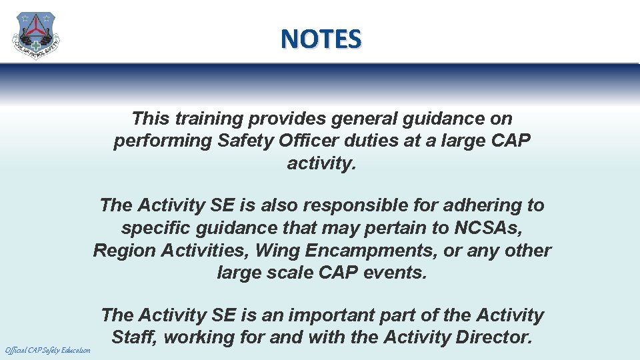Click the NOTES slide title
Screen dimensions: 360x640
(x=321, y=39)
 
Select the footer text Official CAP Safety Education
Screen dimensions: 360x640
(x=47, y=350)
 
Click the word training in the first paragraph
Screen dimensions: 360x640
(x=209, y=119)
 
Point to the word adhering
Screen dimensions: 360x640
(x=480, y=205)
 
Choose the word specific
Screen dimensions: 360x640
(x=155, y=228)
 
